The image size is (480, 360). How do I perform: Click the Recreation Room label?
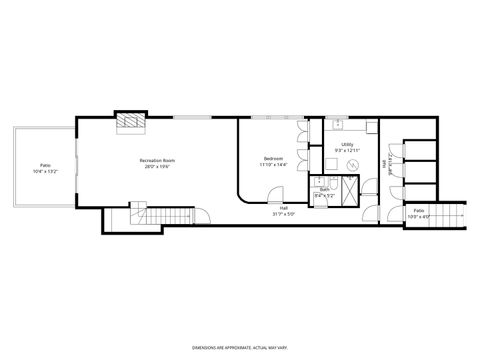point(157,160)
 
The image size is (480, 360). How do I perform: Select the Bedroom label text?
point(273,159)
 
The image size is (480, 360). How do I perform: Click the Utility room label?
point(347,144)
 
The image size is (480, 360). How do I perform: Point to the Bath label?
point(325,188)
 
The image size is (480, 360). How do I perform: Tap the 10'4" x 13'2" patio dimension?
point(45,170)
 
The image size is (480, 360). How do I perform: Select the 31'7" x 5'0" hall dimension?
point(283,214)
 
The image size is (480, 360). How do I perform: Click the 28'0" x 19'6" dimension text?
point(157,167)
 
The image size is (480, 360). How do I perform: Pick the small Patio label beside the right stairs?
point(418,210)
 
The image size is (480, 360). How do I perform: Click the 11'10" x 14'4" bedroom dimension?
point(273,166)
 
